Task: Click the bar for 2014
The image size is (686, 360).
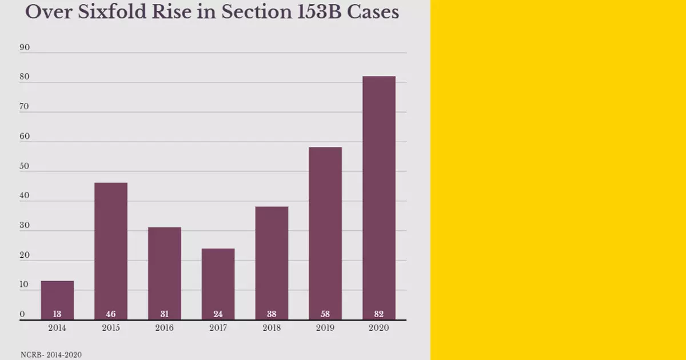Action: (57, 300)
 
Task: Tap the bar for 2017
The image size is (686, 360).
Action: (218, 283)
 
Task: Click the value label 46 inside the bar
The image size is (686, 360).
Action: (111, 314)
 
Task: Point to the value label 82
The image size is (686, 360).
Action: (379, 314)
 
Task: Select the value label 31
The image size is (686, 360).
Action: (164, 314)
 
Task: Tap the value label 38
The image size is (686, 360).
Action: (272, 314)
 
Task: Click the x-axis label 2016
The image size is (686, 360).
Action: (164, 328)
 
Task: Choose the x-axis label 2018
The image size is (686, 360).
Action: (272, 328)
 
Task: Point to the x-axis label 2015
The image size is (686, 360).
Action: (111, 328)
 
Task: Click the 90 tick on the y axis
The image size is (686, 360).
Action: (25, 48)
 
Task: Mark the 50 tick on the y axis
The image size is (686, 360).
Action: (25, 167)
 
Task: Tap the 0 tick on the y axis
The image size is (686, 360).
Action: (22, 314)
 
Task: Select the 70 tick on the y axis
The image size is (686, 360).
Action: (25, 107)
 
